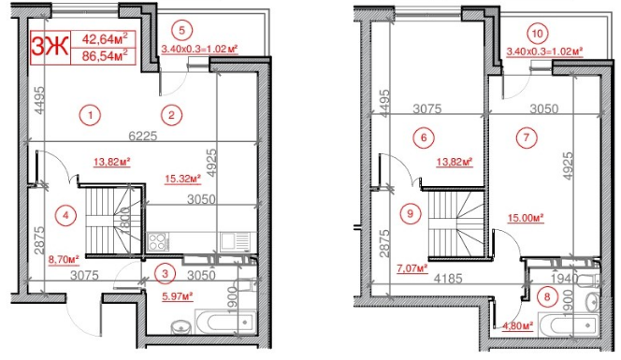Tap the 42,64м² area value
coord(106,39)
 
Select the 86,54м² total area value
coord(106,56)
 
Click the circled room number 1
coord(89,115)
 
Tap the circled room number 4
coord(64,211)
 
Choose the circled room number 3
coord(165,273)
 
